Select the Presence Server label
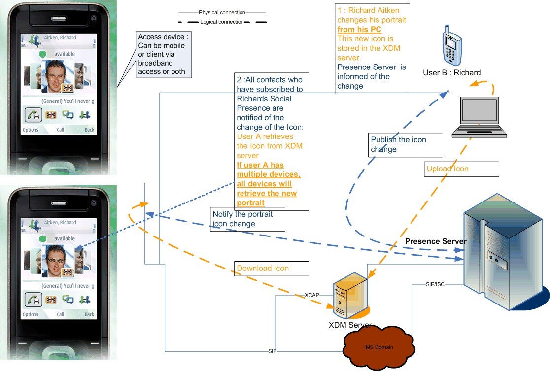pos(436,241)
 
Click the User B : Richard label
pos(451,73)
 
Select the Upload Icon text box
pos(447,169)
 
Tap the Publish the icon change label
pos(398,144)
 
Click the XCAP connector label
pos(312,295)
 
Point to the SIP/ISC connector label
pos(435,284)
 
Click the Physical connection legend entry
pos(222,12)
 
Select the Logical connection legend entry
pos(222,22)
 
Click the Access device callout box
pos(165,54)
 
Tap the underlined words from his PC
pos(359,30)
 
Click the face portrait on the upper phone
pos(58,76)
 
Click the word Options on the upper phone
pos(31,130)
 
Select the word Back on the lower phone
pos(89,314)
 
